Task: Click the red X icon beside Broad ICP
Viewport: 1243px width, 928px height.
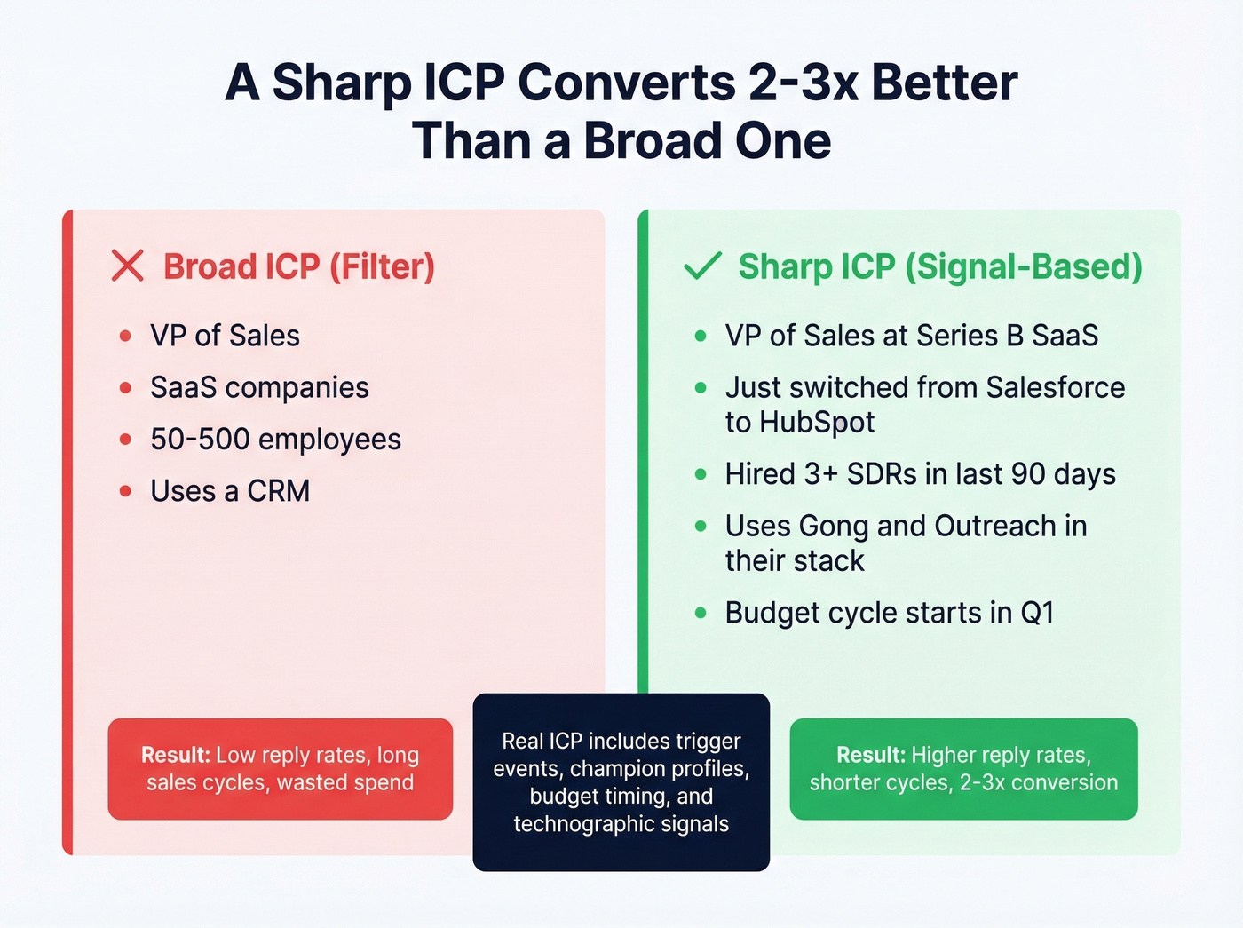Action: (x=128, y=266)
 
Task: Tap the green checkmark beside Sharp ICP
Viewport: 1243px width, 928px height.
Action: (x=702, y=266)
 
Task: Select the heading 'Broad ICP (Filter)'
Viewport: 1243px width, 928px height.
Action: (x=298, y=266)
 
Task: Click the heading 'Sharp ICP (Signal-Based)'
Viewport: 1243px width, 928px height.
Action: (x=939, y=266)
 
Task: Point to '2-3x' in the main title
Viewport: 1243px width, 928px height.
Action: (x=804, y=83)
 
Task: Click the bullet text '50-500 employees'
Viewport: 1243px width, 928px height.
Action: (x=275, y=439)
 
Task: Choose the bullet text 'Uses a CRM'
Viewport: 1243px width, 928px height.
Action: (x=230, y=491)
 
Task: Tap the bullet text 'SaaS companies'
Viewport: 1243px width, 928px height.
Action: (x=259, y=387)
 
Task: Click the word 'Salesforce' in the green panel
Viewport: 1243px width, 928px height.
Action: (x=1055, y=387)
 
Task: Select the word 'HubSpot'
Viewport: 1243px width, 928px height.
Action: (x=817, y=423)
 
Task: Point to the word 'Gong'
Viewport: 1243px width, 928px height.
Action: (x=834, y=527)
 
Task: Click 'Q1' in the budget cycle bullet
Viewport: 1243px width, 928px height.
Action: (x=1036, y=613)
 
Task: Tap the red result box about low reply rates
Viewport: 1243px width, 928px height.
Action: (x=280, y=769)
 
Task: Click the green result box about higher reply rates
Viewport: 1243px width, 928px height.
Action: (x=963, y=769)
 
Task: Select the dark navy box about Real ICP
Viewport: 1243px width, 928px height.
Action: (x=621, y=781)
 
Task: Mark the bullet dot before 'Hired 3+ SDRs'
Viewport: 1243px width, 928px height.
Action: (x=701, y=474)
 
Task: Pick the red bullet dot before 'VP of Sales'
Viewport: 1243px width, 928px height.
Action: (x=125, y=336)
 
